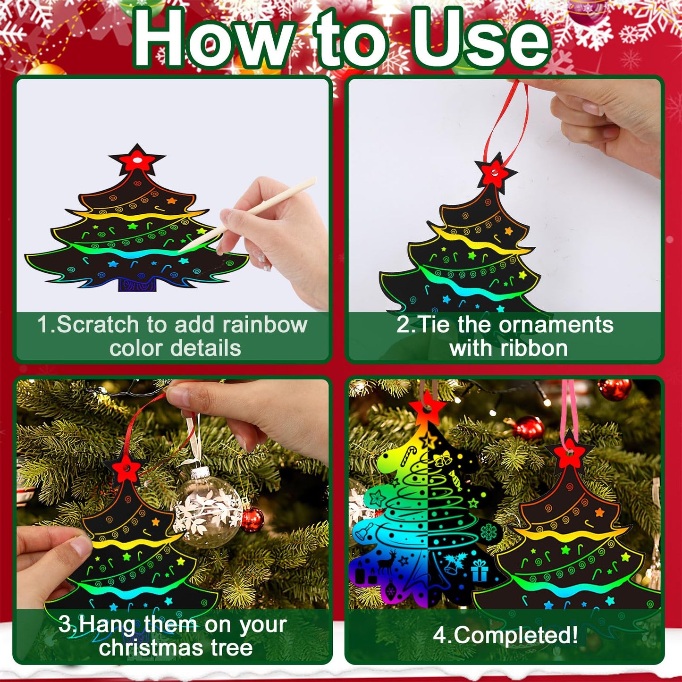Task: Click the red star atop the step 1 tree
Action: [137, 161]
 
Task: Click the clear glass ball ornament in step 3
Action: [208, 507]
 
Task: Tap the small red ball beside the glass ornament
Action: [253, 519]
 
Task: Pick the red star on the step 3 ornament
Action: [126, 469]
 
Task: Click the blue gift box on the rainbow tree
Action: [480, 571]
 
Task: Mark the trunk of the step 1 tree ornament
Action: [136, 284]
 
